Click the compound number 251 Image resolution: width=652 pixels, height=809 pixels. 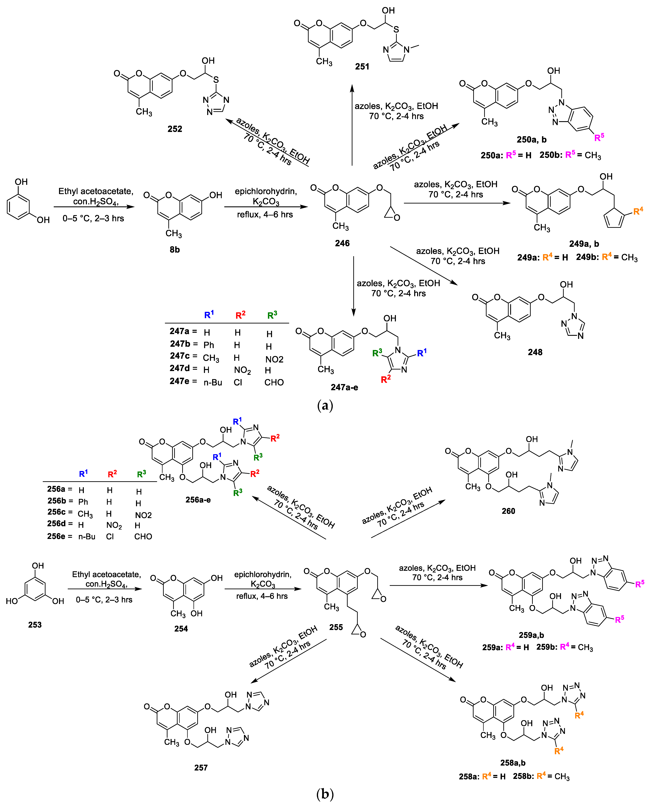coord(362,67)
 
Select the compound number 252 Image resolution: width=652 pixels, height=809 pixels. coord(175,129)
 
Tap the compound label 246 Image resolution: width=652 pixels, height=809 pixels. coord(342,243)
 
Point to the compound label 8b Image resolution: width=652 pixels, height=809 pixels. coord(175,250)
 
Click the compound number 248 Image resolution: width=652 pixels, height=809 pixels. coord(535,352)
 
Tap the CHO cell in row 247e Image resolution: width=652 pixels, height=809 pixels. coord(274,383)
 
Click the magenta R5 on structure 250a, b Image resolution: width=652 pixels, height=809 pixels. coord(599,137)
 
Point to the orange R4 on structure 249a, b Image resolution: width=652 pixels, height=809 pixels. coord(638,211)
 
